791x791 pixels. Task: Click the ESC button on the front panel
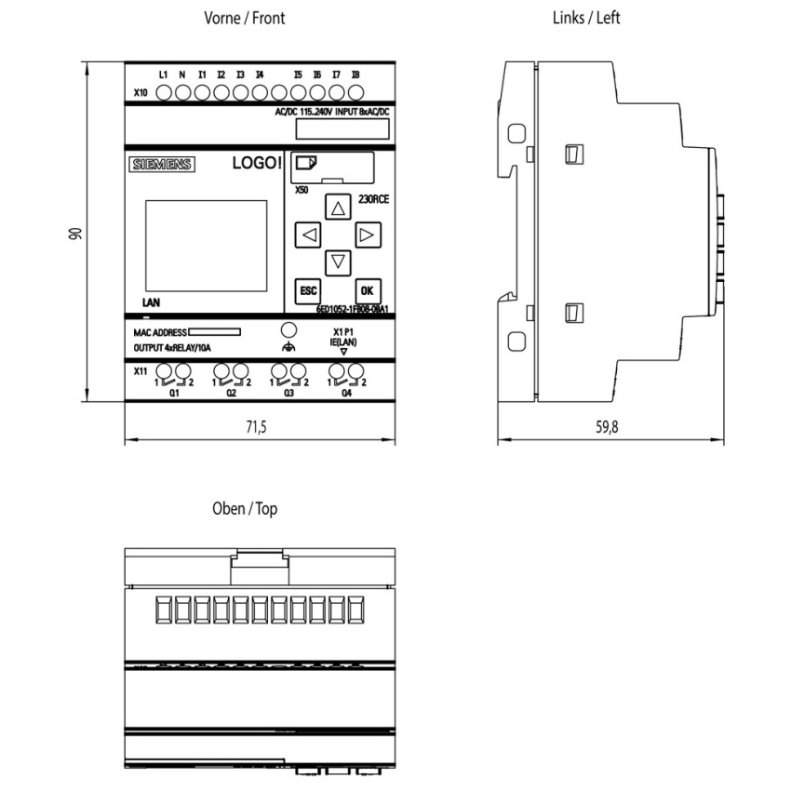tap(307, 290)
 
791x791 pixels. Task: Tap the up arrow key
tap(338, 207)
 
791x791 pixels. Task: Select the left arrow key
tap(308, 235)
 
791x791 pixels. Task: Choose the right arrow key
tap(368, 235)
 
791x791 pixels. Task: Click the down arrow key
tap(338, 262)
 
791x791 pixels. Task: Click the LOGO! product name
tap(254, 164)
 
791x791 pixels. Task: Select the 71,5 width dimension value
tap(255, 427)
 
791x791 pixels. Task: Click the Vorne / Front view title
tap(245, 18)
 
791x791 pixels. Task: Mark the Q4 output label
tap(346, 395)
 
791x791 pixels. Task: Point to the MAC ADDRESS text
tap(154, 331)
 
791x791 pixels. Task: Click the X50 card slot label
tap(302, 189)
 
